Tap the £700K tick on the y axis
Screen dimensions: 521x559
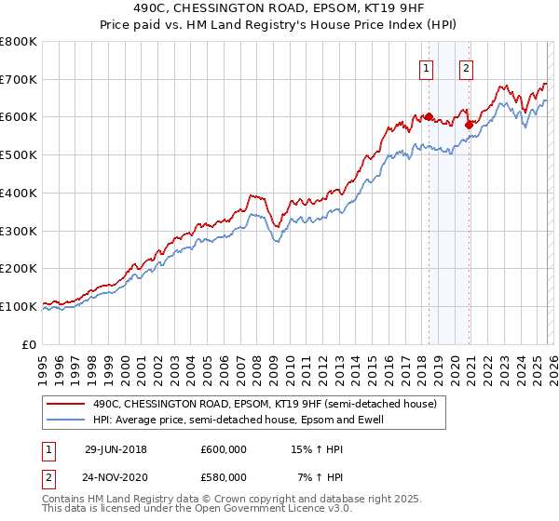(19, 80)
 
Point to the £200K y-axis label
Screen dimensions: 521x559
(19, 269)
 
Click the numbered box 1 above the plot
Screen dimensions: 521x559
(427, 67)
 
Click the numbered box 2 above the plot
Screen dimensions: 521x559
(466, 67)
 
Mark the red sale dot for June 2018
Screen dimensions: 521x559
(429, 117)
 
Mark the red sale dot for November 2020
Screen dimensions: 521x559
(469, 124)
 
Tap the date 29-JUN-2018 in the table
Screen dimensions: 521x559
(116, 449)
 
